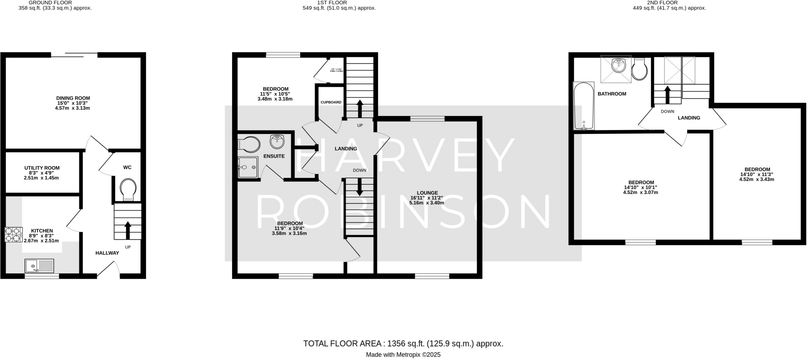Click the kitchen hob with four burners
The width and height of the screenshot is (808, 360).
[x=13, y=234]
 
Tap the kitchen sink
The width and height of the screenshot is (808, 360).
[x=39, y=266]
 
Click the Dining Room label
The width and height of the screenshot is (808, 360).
[x=73, y=98]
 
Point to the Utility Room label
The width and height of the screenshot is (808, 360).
[x=42, y=168]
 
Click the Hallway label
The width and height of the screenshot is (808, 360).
[x=107, y=253]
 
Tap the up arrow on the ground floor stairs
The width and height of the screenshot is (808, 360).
[x=128, y=230]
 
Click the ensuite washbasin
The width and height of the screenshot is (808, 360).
[x=277, y=141]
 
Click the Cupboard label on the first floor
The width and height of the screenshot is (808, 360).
[x=331, y=103]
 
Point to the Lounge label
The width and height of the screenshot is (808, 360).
[x=427, y=193]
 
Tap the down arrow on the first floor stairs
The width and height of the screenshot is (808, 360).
[x=359, y=187]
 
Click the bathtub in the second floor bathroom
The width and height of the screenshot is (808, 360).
[x=584, y=106]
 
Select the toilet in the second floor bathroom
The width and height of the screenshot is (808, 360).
[x=639, y=69]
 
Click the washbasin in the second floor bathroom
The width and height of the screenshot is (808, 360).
[x=618, y=66]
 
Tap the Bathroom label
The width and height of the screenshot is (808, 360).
[x=612, y=94]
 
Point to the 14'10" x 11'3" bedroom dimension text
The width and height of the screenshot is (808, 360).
[x=757, y=174]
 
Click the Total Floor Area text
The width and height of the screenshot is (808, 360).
[x=403, y=343]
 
